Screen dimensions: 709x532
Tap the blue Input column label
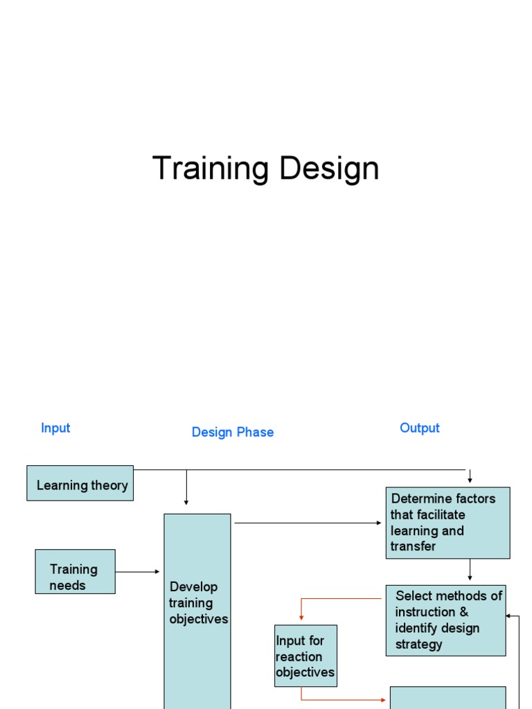pos(55,428)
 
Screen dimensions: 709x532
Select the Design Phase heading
pos(233,432)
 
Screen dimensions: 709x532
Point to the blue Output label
pos(420,428)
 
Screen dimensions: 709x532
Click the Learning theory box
pos(80,483)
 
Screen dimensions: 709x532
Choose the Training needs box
pos(76,572)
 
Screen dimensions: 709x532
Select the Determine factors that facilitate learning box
pos(447,523)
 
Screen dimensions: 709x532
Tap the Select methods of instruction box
pos(445,620)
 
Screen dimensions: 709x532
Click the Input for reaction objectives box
pos(305,656)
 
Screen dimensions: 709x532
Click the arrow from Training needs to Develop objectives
pos(138,572)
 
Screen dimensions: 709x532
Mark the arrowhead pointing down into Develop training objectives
pos(186,501)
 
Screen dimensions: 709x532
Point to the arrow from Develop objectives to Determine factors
pos(308,523)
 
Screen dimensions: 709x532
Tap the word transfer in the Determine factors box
pos(414,546)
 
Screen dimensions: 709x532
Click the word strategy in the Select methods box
pos(418,644)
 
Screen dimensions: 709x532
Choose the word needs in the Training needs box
pos(68,585)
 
